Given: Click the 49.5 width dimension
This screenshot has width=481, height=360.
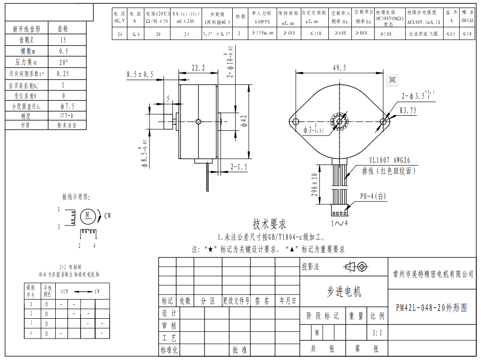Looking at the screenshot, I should [339, 67].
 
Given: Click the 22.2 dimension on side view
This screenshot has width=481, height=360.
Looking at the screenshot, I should [198, 68].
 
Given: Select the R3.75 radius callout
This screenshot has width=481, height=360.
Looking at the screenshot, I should [408, 111].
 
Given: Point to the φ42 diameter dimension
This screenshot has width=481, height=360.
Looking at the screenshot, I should [244, 121].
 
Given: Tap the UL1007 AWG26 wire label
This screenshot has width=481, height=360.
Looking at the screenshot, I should [389, 160].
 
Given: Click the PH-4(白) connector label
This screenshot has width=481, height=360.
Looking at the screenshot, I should [373, 196].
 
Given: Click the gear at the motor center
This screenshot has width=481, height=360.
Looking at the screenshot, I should [339, 122].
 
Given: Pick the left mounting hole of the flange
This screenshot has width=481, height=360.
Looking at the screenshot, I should [296, 122].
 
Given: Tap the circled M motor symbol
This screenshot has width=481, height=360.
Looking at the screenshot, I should [88, 215].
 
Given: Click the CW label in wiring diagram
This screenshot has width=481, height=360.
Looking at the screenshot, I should [108, 216].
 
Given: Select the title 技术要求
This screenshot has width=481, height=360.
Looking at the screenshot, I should [269, 224].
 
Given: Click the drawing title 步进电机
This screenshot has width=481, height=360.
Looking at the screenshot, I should [344, 292].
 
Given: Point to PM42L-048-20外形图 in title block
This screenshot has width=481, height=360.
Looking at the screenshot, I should [431, 308].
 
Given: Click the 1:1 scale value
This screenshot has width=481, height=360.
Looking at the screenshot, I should [377, 333].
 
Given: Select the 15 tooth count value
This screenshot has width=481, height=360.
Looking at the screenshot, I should [63, 40].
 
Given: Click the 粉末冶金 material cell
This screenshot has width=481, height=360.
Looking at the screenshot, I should [66, 125].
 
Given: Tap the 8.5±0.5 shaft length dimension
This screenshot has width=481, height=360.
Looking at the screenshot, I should [140, 75].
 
